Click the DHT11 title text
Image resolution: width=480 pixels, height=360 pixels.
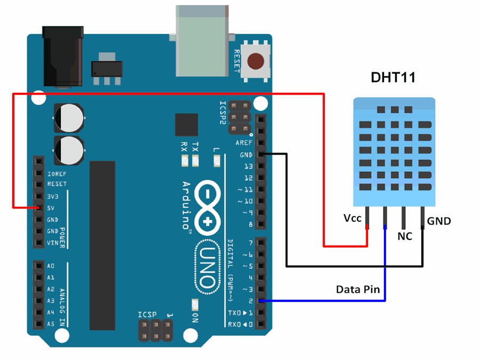(x=393, y=78)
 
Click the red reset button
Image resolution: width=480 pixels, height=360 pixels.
(x=257, y=61)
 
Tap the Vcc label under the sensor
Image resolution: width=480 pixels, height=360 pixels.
(x=353, y=218)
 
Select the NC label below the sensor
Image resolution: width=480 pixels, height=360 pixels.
(x=405, y=236)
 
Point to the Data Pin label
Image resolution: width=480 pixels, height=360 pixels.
(x=358, y=290)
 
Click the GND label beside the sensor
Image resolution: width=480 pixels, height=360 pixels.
(x=439, y=220)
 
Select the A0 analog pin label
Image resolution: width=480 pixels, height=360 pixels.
(x=51, y=266)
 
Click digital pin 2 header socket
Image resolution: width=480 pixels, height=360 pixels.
(x=261, y=301)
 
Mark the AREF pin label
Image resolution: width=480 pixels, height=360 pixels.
(x=244, y=143)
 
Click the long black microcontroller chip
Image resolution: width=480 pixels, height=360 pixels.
(x=102, y=245)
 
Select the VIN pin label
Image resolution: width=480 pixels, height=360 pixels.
(x=52, y=243)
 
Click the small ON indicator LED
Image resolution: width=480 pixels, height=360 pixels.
(x=195, y=305)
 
